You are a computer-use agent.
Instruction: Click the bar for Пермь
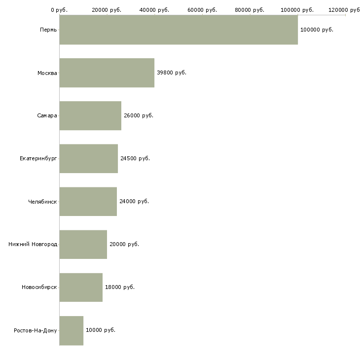(x=179, y=30)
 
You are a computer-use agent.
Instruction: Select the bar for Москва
(x=107, y=72)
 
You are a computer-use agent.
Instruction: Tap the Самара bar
(x=90, y=115)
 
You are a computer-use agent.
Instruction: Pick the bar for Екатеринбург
(x=89, y=158)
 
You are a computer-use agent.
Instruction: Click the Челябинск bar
(x=88, y=201)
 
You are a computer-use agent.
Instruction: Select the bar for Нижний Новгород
(x=83, y=244)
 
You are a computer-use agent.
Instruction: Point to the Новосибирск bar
(x=81, y=287)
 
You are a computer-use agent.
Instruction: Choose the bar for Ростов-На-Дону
(x=72, y=330)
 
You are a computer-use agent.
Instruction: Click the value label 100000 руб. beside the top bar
(x=317, y=30)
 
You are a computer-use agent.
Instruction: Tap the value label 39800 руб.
(x=172, y=72)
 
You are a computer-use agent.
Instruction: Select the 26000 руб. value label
(x=139, y=115)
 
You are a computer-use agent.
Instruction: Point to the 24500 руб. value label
(x=135, y=158)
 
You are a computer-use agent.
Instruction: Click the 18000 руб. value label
(x=120, y=287)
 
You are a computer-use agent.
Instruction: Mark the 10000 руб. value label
(x=101, y=330)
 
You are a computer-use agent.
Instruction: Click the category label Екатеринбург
(x=38, y=158)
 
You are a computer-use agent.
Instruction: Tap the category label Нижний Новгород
(x=33, y=244)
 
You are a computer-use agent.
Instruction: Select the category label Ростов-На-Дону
(x=36, y=330)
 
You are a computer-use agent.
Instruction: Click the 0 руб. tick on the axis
(x=59, y=10)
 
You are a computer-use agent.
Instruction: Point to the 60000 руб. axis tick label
(x=202, y=10)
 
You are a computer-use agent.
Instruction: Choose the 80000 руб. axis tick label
(x=250, y=10)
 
